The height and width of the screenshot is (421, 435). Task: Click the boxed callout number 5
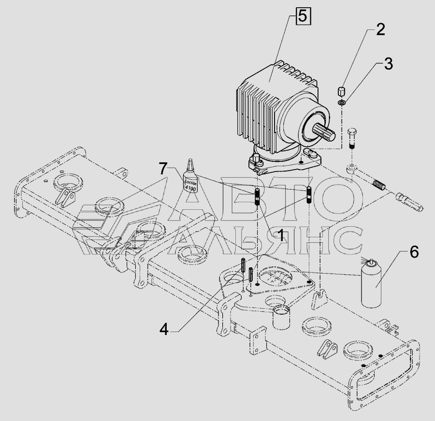coord(303,16)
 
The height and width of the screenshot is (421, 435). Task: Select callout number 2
coord(380,29)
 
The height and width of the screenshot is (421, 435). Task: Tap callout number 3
coord(388,64)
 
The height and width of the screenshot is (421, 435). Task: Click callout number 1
coord(281,235)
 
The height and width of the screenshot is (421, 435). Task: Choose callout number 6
coord(414,252)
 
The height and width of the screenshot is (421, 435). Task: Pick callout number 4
coord(164,330)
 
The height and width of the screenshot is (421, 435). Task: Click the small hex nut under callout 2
coord(341,91)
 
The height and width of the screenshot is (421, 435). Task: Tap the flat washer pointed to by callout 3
coord(342,103)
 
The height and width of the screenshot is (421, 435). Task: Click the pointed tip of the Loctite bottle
coord(190,160)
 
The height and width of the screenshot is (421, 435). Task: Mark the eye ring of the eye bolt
coord(351,168)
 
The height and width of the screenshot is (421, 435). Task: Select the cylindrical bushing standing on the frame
coord(282,317)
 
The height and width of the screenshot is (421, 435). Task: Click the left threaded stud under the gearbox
coord(258,197)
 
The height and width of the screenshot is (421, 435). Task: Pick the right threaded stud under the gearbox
coord(309,195)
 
